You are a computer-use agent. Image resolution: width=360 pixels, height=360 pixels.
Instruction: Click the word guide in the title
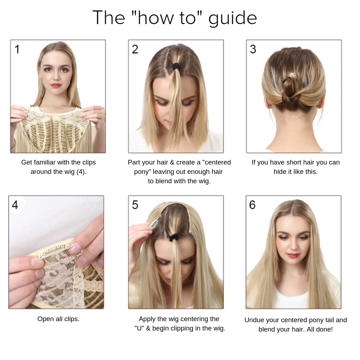coord(232,18)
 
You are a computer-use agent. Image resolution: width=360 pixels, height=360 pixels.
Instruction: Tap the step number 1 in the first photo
coord(17,49)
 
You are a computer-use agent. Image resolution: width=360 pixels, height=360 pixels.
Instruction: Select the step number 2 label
coord(135,49)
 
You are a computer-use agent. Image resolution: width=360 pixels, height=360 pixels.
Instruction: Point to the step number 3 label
coord(253,49)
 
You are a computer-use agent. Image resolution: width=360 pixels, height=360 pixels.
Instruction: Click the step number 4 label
coord(15,205)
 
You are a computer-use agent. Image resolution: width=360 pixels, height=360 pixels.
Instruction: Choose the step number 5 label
coord(135,205)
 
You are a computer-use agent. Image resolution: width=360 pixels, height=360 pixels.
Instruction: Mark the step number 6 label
coord(252,205)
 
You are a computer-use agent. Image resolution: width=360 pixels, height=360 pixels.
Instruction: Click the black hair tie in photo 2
coord(176,67)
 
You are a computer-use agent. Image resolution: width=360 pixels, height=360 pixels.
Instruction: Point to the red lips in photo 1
coord(56,85)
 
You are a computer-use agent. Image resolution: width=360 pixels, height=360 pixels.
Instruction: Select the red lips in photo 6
coord(293,255)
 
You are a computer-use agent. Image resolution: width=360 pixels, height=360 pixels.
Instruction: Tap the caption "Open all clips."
coord(58,319)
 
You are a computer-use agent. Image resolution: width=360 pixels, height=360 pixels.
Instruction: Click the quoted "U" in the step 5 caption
coord(139,328)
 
